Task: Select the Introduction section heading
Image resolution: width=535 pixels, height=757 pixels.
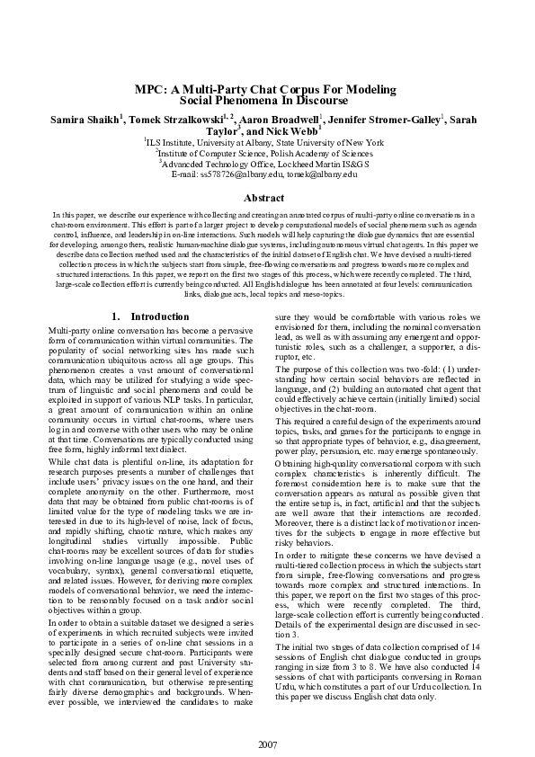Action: tap(160, 316)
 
